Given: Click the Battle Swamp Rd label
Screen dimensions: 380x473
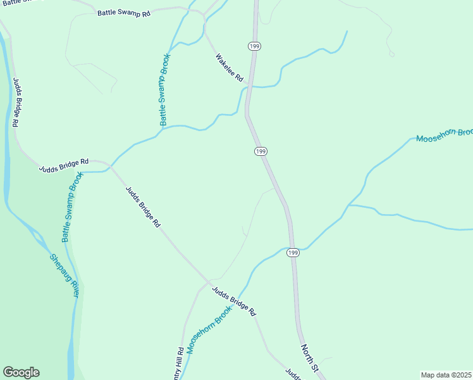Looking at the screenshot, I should tap(124, 13).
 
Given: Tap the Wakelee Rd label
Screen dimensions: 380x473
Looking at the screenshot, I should tap(229, 68).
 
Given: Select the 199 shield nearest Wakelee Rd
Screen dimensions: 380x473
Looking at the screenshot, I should tap(254, 46).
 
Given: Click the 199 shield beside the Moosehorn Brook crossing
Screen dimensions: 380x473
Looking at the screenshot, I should tap(292, 253).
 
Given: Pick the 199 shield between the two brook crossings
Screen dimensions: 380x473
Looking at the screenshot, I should tap(261, 151).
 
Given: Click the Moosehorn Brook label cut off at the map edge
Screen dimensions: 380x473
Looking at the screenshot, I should tap(444, 135).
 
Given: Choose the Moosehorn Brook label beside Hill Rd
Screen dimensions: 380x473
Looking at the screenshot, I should tap(211, 329).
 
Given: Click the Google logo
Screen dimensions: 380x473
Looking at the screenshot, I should tap(21, 372).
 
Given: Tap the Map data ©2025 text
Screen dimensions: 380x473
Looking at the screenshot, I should tap(446, 374).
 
